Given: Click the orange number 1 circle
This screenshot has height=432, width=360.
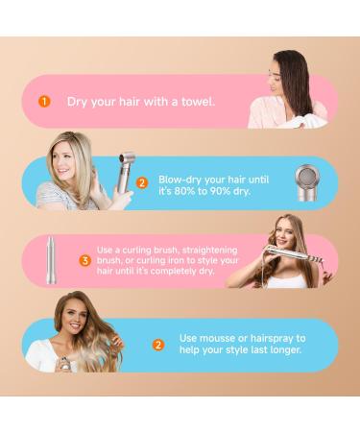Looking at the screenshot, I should [x=43, y=101].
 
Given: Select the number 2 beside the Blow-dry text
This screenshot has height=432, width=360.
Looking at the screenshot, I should [x=142, y=181].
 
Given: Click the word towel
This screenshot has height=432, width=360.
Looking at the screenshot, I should [x=199, y=101].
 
